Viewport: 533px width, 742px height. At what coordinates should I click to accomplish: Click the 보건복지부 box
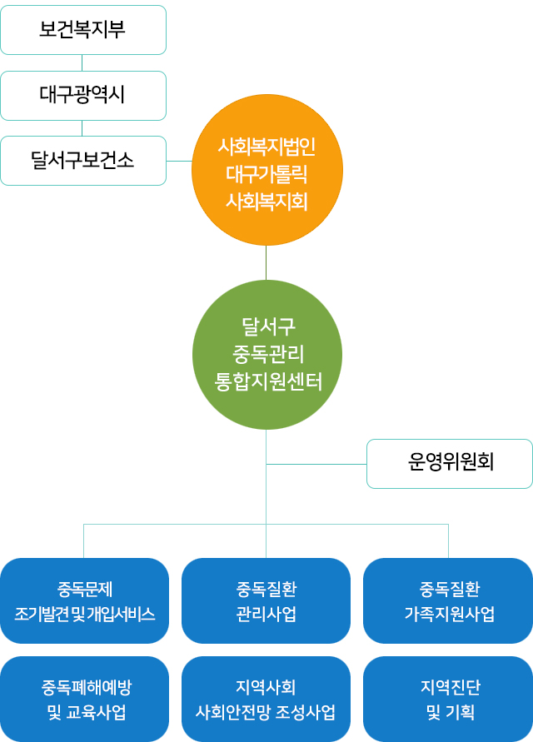point(83,30)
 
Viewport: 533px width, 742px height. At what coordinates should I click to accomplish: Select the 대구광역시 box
point(83,96)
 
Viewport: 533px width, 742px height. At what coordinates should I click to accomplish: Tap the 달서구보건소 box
point(83,161)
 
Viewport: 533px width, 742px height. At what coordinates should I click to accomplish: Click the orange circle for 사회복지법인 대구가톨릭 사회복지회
point(267,170)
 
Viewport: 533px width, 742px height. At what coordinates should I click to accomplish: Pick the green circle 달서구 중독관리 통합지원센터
point(267,355)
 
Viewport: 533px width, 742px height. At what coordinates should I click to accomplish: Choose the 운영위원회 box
point(450,464)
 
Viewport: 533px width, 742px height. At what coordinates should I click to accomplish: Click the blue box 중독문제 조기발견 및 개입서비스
point(84,601)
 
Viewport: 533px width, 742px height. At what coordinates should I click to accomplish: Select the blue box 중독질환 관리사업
point(266,601)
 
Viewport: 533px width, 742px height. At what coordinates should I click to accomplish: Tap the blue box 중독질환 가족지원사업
point(448,601)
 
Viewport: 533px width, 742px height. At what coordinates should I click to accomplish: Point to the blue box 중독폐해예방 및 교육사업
point(84,699)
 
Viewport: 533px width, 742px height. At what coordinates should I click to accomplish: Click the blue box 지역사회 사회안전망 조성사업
point(266,699)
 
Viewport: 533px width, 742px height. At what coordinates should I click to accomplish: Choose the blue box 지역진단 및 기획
point(448,699)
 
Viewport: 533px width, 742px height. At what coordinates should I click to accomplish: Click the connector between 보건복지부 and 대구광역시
point(82,63)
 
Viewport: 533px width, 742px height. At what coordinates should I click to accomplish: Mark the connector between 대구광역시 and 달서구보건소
point(82,128)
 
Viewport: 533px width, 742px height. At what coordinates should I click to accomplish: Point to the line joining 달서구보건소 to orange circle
point(179,161)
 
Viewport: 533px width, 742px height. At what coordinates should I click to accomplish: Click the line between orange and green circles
point(266,262)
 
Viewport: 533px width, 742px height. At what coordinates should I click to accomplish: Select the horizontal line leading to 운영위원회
point(316,464)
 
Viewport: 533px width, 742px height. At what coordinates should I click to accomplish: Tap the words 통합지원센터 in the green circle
point(268,382)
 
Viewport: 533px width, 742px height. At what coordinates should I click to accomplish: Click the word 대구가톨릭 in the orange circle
point(267,174)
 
